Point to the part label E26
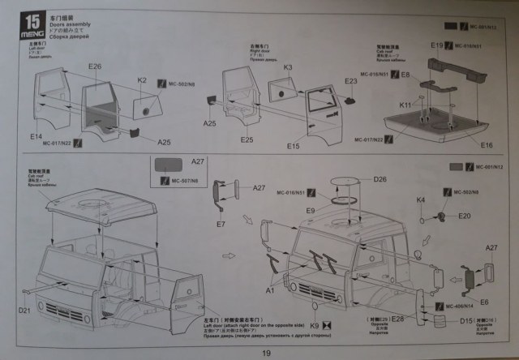(x=94, y=66)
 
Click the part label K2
(x=143, y=80)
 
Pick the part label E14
(x=36, y=137)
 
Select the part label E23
(x=350, y=81)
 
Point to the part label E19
(x=436, y=45)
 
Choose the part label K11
(x=405, y=105)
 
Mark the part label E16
(x=487, y=145)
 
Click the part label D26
(x=380, y=179)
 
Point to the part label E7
(x=220, y=223)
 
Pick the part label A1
(x=270, y=288)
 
